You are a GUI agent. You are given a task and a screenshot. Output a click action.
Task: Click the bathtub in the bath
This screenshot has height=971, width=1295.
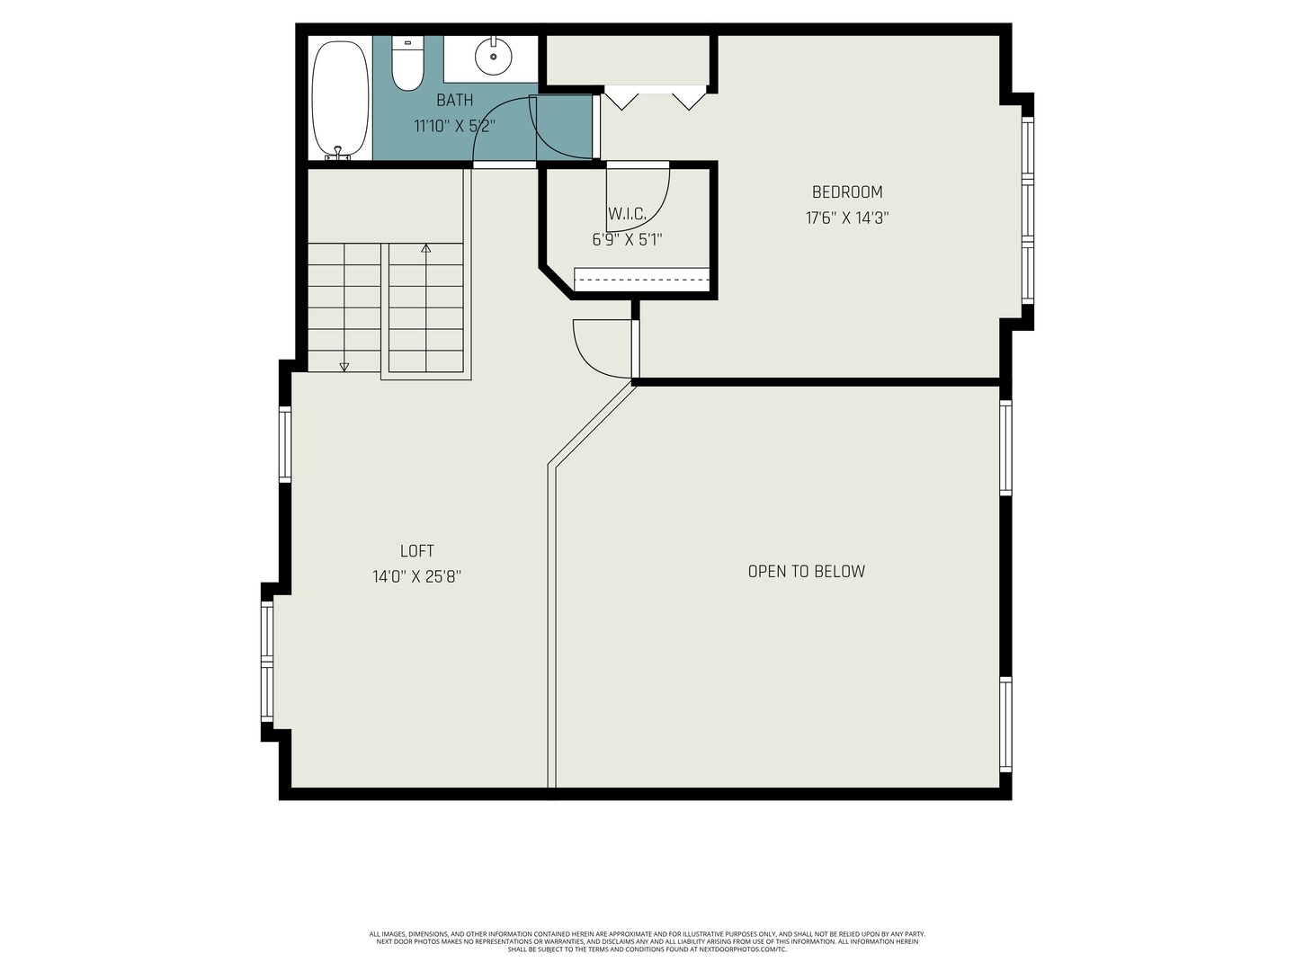[340, 99]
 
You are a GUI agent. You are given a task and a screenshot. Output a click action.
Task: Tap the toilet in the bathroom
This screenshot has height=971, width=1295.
[407, 65]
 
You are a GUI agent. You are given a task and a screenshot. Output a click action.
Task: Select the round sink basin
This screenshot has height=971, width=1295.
[493, 57]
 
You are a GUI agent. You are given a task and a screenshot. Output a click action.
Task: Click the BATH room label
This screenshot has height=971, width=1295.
[454, 100]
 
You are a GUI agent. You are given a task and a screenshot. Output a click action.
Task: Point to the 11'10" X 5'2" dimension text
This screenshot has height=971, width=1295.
[454, 126]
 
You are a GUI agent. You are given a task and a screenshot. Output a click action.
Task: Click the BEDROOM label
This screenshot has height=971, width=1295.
[847, 192]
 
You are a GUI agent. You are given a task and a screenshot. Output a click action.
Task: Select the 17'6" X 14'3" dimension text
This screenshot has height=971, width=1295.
[847, 218]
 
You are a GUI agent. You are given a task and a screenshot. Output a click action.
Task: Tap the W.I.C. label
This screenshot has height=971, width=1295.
[627, 214]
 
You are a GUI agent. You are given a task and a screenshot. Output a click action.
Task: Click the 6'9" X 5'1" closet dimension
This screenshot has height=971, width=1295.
[627, 240]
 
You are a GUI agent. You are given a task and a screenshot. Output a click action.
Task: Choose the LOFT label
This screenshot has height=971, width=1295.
[416, 551]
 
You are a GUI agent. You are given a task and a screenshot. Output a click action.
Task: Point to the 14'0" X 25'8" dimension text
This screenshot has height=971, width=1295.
[416, 576]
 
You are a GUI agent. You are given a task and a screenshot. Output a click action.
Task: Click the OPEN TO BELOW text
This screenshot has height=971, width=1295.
[806, 571]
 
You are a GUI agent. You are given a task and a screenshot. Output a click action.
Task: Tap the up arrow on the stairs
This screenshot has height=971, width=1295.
[426, 248]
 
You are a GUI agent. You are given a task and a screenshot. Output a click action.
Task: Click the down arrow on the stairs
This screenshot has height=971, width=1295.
[344, 366]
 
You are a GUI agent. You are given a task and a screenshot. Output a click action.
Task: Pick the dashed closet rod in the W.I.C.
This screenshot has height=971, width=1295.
[641, 280]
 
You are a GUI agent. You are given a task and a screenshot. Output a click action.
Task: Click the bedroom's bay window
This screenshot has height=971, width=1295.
[1027, 210]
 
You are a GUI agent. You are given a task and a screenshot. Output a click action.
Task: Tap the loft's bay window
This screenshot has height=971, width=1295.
[267, 662]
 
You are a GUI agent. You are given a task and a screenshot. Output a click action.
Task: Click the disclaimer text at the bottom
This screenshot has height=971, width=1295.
[647, 941]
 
